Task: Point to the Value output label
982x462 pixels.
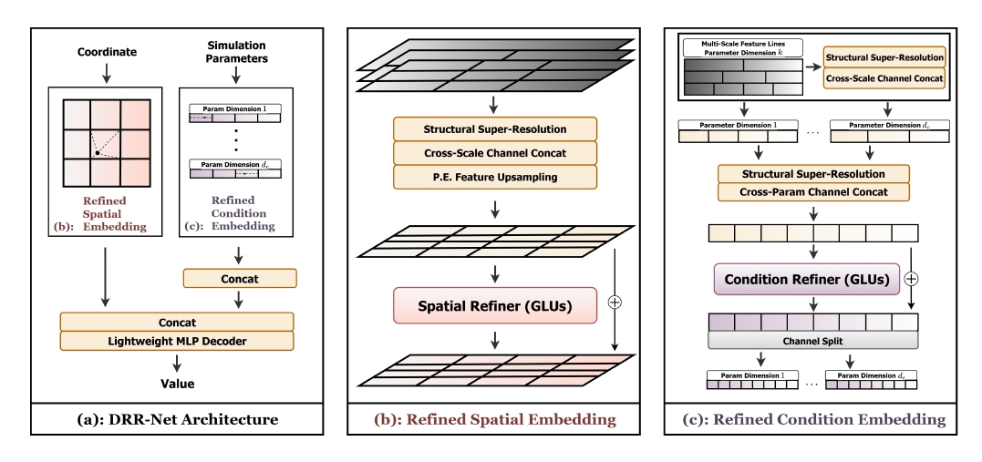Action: [x=177, y=384]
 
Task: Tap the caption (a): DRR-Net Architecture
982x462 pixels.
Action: [x=178, y=420]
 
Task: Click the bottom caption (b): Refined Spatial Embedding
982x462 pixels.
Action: [x=494, y=420]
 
